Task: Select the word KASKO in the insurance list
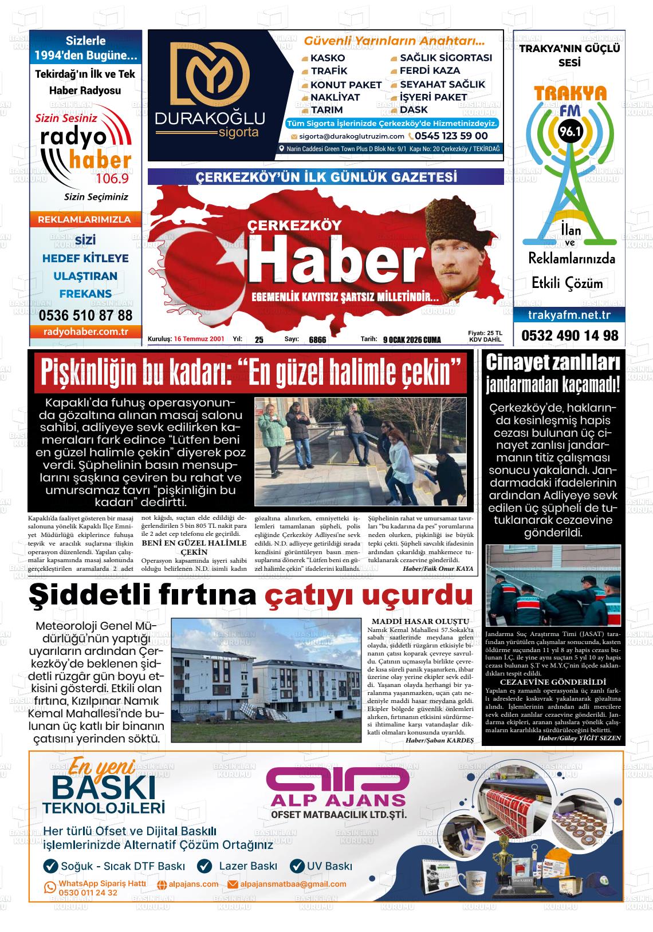tap(328, 58)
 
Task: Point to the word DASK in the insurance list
tap(414, 109)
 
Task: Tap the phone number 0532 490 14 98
tap(570, 335)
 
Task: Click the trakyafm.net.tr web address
tap(569, 315)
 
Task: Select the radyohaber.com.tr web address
tap(85, 331)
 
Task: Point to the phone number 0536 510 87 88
tap(85, 315)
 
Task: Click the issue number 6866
tap(317, 340)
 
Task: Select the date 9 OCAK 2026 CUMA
tap(412, 340)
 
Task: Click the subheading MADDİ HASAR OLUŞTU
tap(420, 621)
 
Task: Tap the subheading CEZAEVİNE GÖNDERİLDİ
tap(553, 682)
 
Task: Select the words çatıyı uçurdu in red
tap(368, 596)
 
